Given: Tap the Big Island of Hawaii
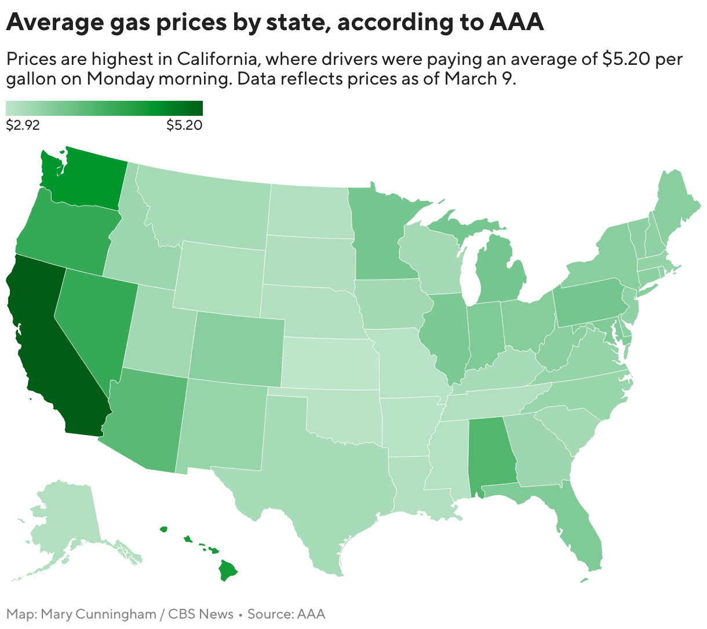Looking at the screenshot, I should pos(228,571).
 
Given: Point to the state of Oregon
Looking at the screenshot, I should pos(64,232).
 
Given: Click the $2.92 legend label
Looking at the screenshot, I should pos(23,125).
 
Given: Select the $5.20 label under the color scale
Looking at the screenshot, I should pos(184,125).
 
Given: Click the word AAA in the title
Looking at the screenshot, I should pos(516,22).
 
